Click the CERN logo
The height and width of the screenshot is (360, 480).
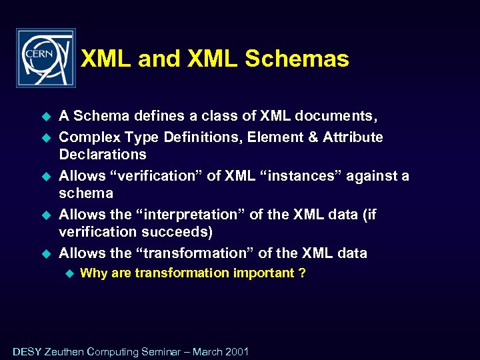(45, 58)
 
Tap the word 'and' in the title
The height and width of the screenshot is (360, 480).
(159, 59)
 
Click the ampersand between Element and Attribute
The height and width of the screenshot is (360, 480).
(313, 137)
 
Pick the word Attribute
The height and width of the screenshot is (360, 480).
(353, 137)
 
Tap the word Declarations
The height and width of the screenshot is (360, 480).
(103, 155)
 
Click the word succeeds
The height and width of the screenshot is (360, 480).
(178, 232)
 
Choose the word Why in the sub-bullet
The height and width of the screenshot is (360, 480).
(93, 273)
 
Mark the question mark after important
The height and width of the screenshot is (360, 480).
(303, 273)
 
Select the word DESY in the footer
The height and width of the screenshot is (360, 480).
(27, 351)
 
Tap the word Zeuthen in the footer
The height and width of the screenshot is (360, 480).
(64, 351)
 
